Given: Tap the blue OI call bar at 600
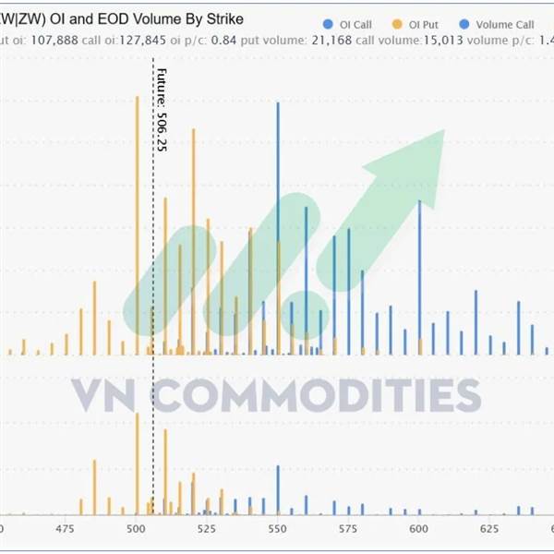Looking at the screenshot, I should [x=419, y=277].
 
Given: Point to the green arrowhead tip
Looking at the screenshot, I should [x=443, y=131].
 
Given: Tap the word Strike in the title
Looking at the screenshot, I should [x=223, y=18].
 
